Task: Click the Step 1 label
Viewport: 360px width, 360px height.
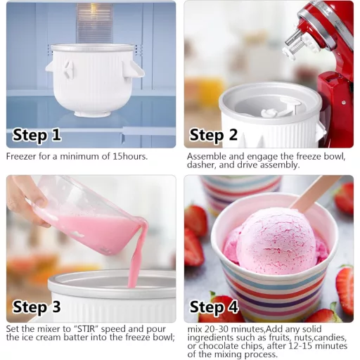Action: click(x=37, y=135)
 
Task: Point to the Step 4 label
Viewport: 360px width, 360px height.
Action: click(x=216, y=307)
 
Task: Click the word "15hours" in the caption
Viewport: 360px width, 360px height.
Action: click(x=127, y=156)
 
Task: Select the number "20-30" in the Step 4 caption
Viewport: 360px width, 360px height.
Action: click(x=212, y=328)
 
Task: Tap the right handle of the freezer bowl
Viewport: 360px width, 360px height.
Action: click(x=134, y=68)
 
